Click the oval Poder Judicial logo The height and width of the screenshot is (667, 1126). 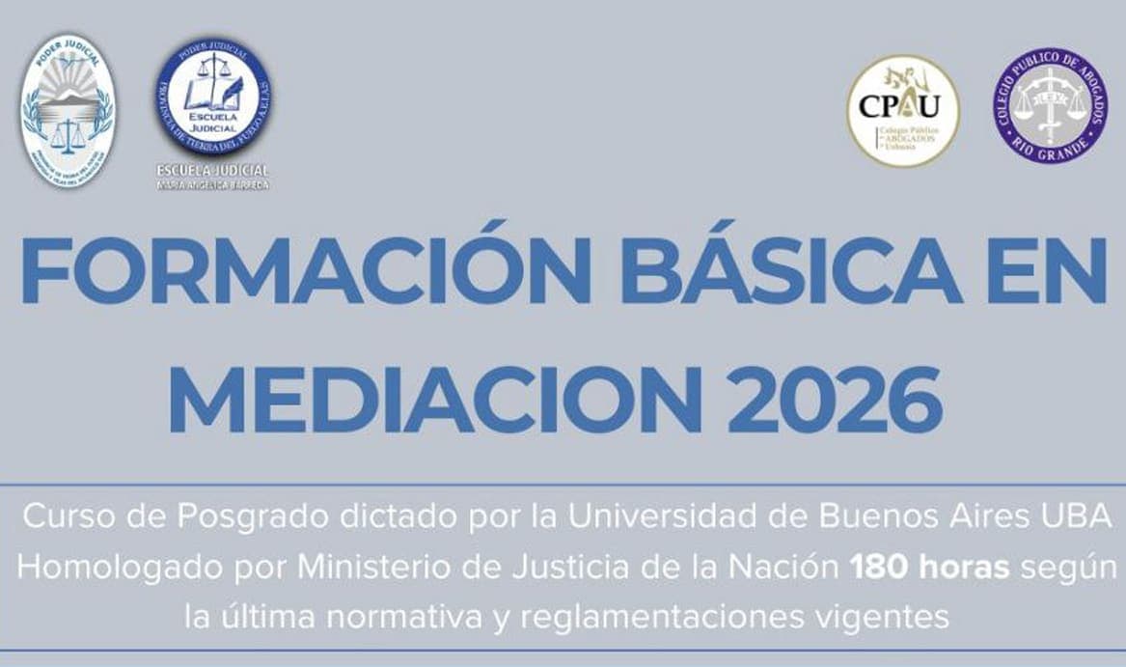[x=68, y=111]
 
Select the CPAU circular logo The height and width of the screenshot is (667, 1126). [x=902, y=110]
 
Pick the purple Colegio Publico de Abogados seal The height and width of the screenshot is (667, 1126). [x=1051, y=106]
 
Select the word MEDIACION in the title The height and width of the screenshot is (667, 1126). [x=435, y=398]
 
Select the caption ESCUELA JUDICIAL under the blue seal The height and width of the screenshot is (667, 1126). [x=213, y=171]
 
